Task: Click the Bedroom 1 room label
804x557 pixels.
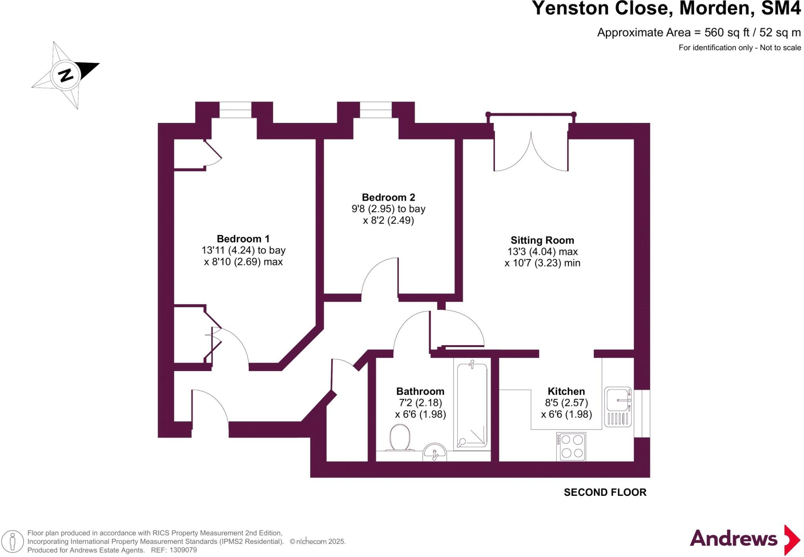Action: click(x=243, y=239)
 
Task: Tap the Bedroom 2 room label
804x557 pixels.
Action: click(x=388, y=197)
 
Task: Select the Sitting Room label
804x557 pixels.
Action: click(x=542, y=240)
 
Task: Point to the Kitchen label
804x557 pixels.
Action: click(x=566, y=391)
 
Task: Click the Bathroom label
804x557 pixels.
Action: click(x=420, y=391)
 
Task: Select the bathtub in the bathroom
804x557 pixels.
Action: click(x=472, y=404)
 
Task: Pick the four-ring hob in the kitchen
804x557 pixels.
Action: click(x=571, y=447)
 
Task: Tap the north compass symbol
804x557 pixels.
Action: click(x=66, y=75)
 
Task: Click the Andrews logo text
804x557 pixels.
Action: click(x=733, y=539)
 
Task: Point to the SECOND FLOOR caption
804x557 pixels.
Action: click(x=605, y=492)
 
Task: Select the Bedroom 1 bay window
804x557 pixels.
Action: click(x=235, y=110)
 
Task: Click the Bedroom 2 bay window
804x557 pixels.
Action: click(x=376, y=110)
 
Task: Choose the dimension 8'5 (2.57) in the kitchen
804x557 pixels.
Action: click(x=566, y=402)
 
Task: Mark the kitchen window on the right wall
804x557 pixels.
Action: click(x=642, y=413)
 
